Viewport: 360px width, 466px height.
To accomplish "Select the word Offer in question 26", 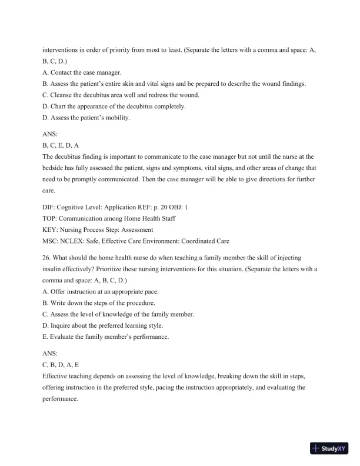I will click(x=59, y=292).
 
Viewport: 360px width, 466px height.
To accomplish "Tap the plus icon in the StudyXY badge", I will click(x=317, y=448).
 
